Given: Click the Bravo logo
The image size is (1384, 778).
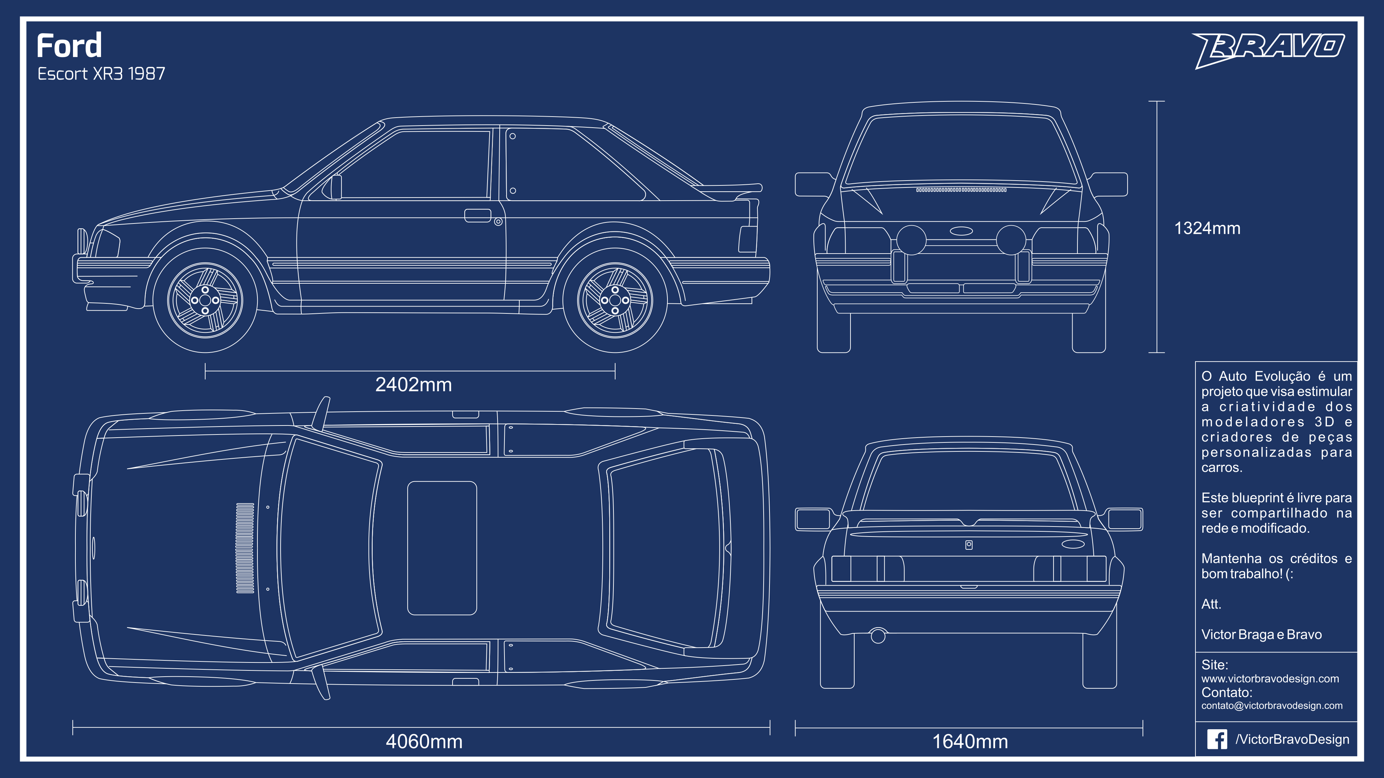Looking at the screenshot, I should pos(1268,48).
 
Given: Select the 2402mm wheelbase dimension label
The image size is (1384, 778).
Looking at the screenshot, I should pos(413,385).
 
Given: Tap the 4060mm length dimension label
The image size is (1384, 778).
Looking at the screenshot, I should pos(424,741).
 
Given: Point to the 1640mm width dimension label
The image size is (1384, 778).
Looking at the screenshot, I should pos(970,741).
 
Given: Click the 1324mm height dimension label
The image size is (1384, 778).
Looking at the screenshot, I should pos(1207,228).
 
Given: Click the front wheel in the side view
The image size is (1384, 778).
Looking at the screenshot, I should pos(205,300).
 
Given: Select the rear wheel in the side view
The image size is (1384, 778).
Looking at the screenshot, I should pos(614,300).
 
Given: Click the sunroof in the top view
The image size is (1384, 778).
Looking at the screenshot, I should pos(441,548).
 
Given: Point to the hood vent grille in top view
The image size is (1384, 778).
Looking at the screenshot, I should pos(245,548).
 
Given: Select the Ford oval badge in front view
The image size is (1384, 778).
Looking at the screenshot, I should pos(961,231).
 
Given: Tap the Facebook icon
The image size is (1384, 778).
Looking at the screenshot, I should pos(1217,739).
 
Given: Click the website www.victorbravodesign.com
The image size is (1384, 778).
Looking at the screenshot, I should pos(1270,679).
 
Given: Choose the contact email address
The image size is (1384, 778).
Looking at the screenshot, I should pos(1272,705).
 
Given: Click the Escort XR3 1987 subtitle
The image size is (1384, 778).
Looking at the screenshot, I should pos(101,74).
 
